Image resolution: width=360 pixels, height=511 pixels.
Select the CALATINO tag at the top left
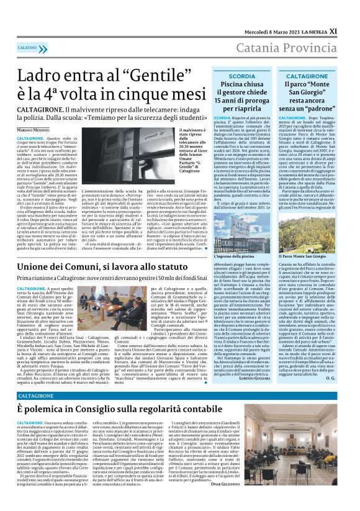pyautogui.click(x=28, y=47)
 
